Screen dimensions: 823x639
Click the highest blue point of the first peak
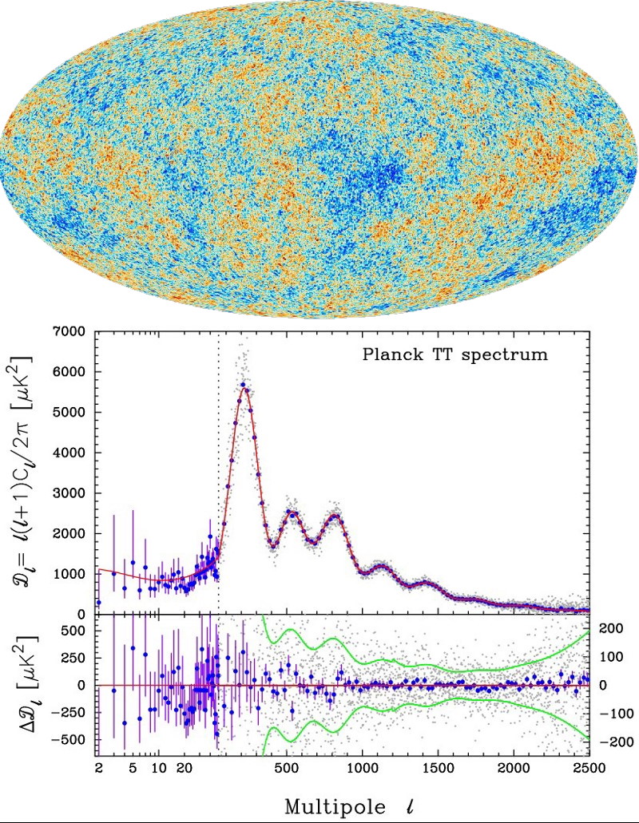click(x=242, y=385)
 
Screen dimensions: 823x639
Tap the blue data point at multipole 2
click(x=98, y=603)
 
